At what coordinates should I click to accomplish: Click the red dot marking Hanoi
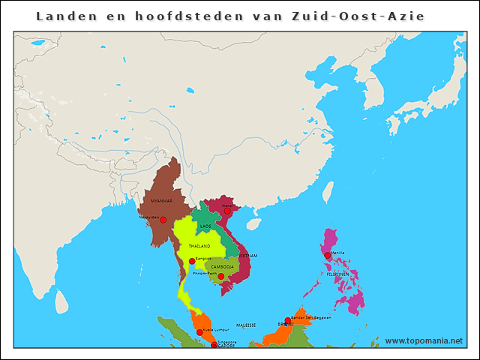(x=227, y=211)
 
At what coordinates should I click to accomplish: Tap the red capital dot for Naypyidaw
(x=163, y=220)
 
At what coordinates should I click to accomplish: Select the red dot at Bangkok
(x=192, y=261)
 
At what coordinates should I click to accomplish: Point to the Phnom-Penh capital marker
(x=220, y=276)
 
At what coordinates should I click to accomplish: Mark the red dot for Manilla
(x=328, y=256)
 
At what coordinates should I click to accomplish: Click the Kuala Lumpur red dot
(x=199, y=332)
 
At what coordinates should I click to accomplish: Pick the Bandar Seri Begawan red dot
(x=288, y=320)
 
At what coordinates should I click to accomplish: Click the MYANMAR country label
(x=161, y=201)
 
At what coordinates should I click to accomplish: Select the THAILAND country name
(x=199, y=246)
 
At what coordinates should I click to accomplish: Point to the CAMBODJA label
(x=221, y=266)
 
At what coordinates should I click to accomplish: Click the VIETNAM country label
(x=248, y=256)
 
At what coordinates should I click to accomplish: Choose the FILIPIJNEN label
(x=337, y=274)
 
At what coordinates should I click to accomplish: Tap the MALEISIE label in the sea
(x=246, y=325)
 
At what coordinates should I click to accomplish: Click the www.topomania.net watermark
(x=424, y=340)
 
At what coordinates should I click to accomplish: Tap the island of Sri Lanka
(x=62, y=301)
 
